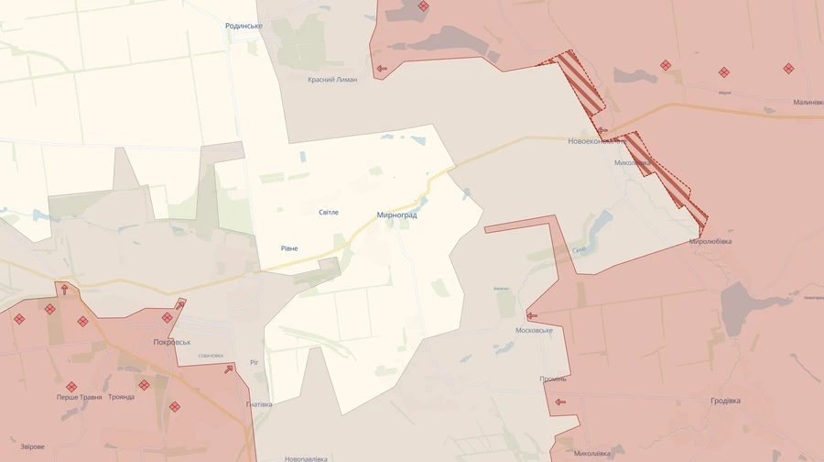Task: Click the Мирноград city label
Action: (396, 215)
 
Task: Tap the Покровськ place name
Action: (172, 342)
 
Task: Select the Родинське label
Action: (244, 26)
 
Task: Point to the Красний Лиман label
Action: (332, 80)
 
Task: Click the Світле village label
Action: (328, 212)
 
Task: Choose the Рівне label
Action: (289, 248)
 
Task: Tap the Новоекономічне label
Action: (597, 141)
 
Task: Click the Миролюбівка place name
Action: (710, 242)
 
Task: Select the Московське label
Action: (535, 330)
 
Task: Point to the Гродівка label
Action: (726, 401)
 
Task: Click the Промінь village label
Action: (553, 379)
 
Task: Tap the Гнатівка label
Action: (260, 404)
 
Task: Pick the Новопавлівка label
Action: (306, 457)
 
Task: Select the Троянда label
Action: (121, 397)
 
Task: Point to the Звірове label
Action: (31, 446)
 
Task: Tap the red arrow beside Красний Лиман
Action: (382, 68)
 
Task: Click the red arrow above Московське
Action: (532, 315)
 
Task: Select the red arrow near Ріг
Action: (228, 369)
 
